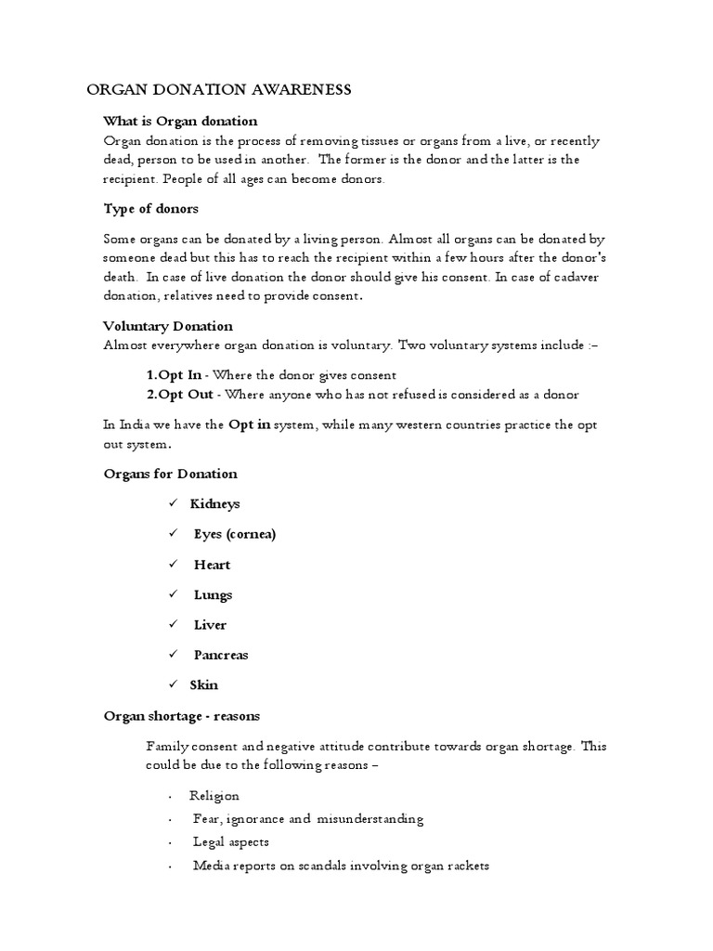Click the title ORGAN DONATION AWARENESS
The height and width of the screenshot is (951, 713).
(219, 89)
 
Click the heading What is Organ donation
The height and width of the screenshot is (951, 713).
(180, 121)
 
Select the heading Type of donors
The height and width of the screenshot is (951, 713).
(150, 208)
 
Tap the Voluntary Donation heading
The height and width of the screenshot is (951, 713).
(167, 326)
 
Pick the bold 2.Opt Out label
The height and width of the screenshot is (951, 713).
(180, 395)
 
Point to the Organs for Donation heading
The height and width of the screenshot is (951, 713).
(170, 474)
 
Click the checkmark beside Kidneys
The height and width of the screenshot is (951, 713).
(173, 503)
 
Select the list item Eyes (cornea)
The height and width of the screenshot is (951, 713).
(235, 534)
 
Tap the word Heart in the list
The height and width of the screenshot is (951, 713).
(212, 565)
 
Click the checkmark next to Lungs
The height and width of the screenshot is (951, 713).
(173, 594)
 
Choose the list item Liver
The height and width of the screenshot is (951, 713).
(210, 625)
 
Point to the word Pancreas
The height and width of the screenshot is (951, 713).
(221, 655)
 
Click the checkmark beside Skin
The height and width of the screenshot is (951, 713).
(173, 685)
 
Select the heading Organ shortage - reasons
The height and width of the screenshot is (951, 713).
(181, 716)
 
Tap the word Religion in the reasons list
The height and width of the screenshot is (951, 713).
(214, 796)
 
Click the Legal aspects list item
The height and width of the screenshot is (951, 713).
(231, 842)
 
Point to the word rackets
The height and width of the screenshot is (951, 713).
(463, 866)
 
